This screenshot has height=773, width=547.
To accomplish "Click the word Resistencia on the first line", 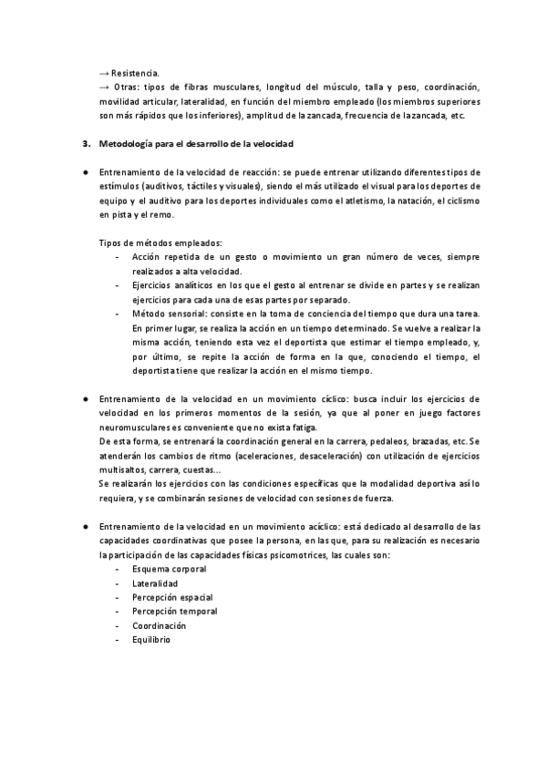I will [x=136, y=74].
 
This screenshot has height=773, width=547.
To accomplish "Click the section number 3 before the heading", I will [x=85, y=144].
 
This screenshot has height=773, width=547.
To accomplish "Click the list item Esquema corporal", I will [x=169, y=569].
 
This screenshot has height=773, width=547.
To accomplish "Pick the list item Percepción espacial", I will [x=173, y=598].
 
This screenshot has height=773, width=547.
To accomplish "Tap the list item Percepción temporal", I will [x=174, y=612].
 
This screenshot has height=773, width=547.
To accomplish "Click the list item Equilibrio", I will [x=151, y=640].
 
